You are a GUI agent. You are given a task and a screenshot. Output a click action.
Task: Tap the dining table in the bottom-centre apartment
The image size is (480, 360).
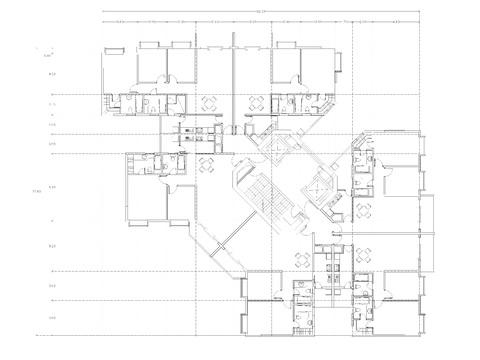point(300,258)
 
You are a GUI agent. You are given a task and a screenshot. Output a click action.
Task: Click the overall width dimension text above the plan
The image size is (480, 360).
point(261,12)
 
